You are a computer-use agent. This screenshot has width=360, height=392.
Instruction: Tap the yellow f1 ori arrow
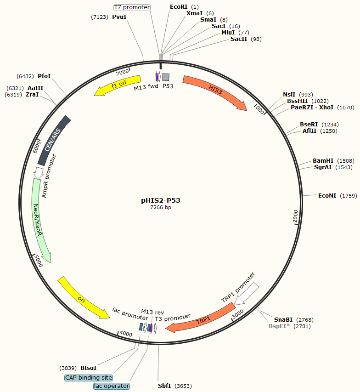118,85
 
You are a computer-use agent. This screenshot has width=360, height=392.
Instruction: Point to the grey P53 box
166,77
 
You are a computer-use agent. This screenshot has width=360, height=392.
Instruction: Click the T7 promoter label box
132,7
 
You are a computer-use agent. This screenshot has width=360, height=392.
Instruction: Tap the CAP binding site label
88,377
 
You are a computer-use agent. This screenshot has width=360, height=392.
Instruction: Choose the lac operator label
112,386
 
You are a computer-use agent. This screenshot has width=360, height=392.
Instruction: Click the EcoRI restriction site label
179,7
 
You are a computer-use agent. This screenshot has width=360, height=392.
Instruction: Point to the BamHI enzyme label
323,160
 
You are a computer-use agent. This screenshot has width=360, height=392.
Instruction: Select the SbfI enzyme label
164,386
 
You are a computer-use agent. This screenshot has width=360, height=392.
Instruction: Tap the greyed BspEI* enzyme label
279,326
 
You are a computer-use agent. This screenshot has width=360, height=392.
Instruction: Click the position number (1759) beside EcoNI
348,196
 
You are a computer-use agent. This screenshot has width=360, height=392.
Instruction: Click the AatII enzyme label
35,88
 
